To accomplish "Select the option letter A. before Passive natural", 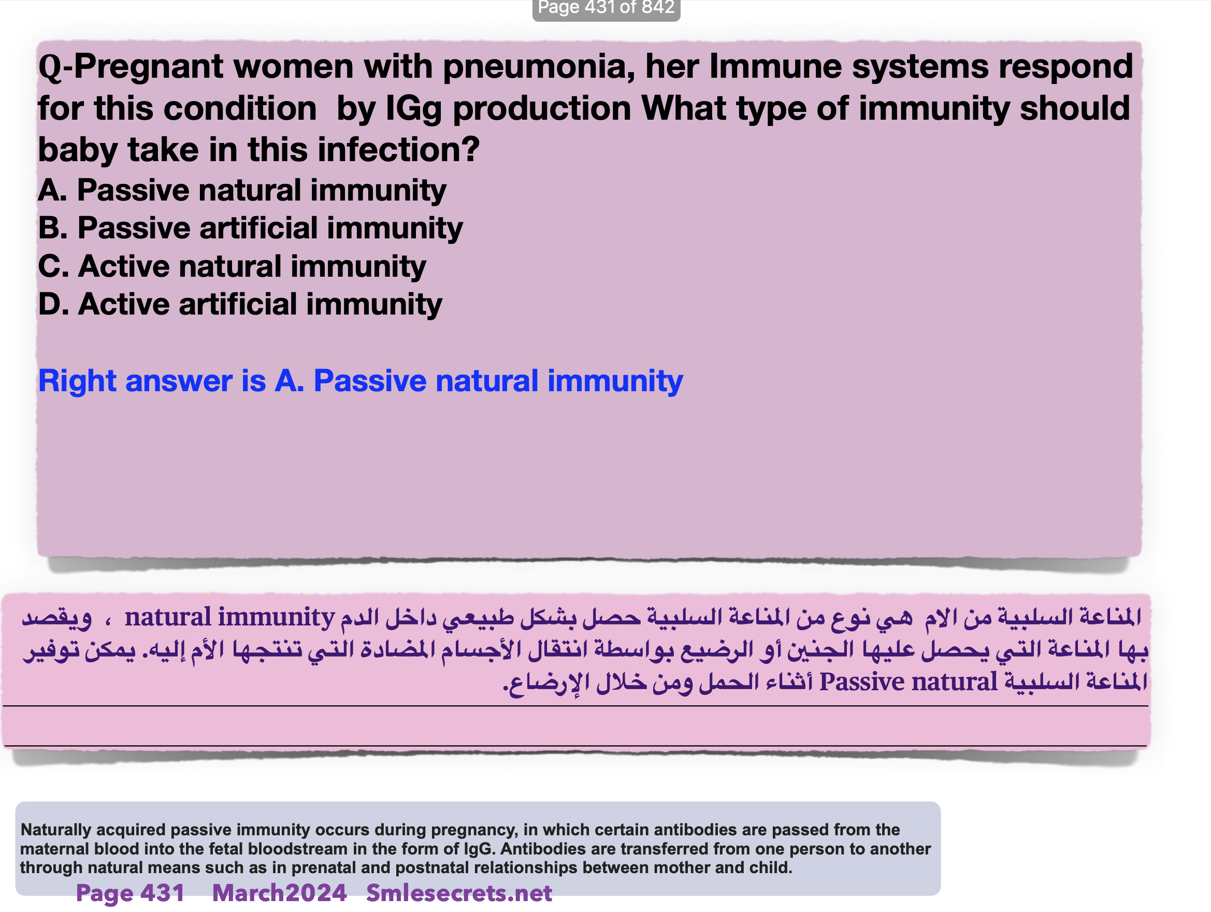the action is (x=52, y=190).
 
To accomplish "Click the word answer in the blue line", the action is (x=179, y=381).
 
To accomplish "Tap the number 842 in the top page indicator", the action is (x=658, y=7).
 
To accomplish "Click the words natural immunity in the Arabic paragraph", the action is (x=229, y=617).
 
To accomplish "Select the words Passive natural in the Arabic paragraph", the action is (x=909, y=682).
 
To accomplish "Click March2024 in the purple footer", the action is (x=279, y=893).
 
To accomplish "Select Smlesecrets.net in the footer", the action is (x=459, y=893).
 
